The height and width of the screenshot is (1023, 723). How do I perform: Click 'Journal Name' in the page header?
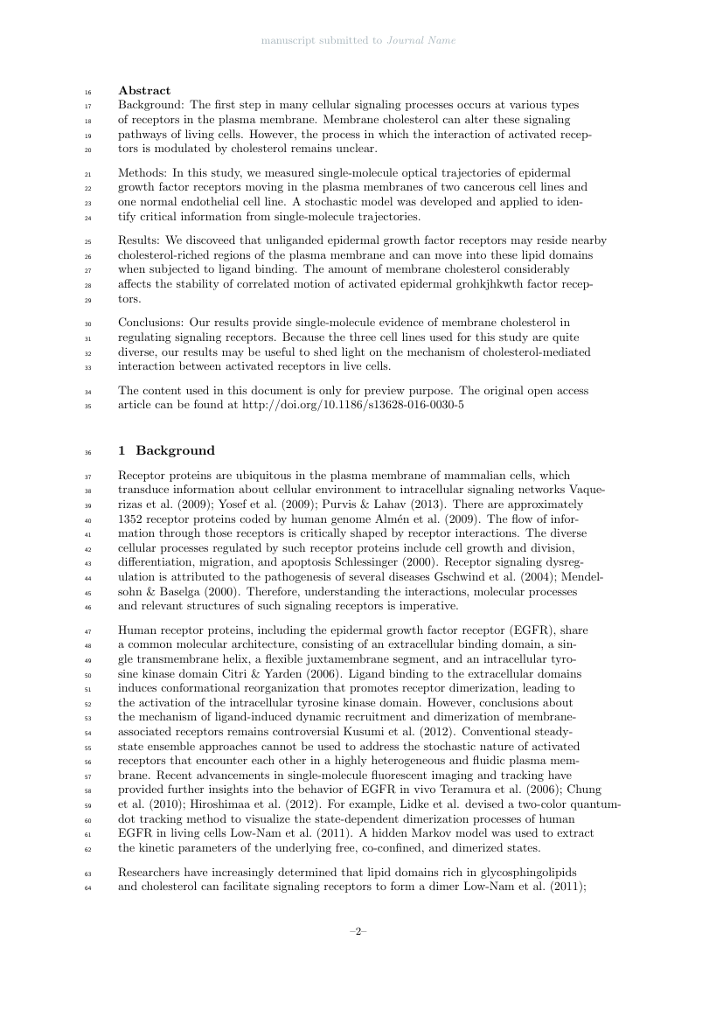coord(421,40)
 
